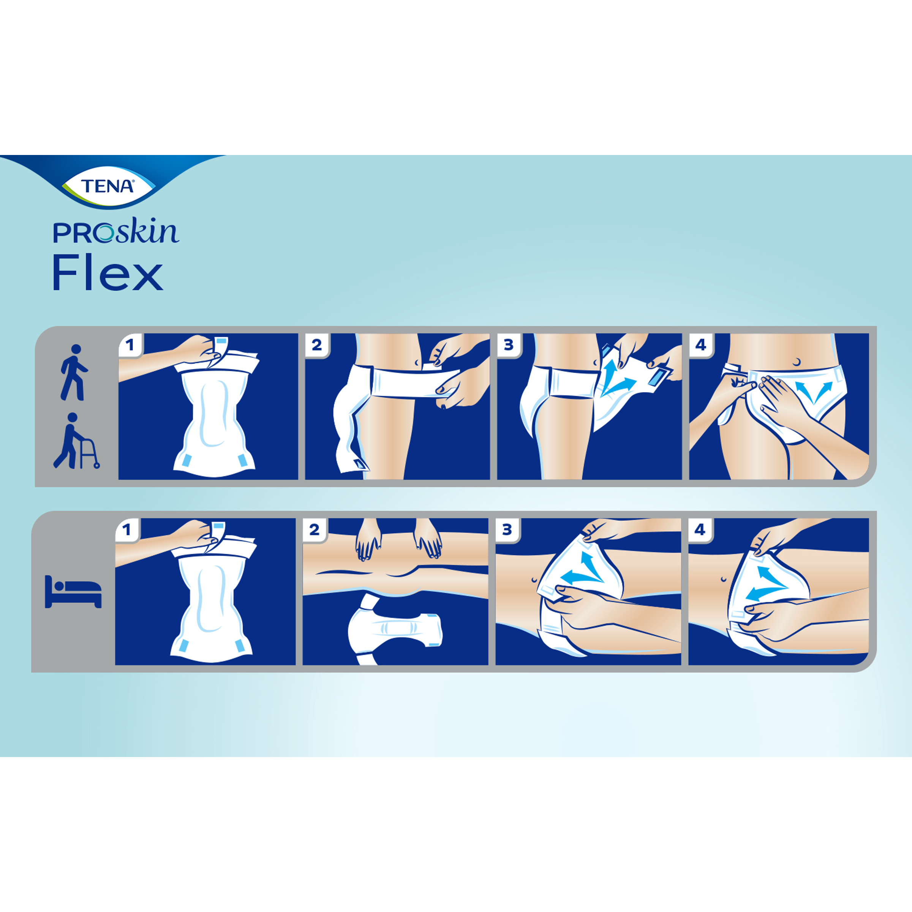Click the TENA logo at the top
click(108, 186)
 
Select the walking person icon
click(74, 373)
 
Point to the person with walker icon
click(76, 441)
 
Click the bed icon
click(73, 591)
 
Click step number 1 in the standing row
click(130, 345)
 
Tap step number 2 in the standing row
click(316, 345)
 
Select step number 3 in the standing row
click(508, 345)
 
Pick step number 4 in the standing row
click(700, 345)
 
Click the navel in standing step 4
click(797, 362)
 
